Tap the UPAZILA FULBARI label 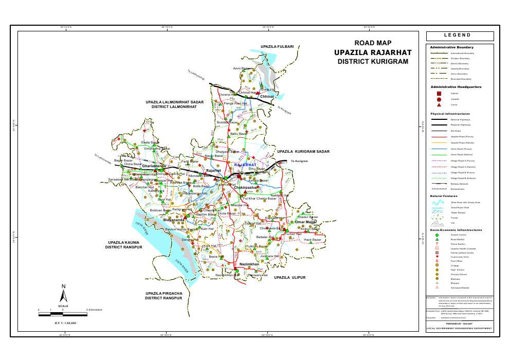(277, 47)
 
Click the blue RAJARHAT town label (245, 165)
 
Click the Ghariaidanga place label (154, 166)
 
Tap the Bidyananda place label (174, 220)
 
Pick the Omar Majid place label (305, 222)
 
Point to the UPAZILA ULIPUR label (289, 277)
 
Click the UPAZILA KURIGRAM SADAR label (303, 152)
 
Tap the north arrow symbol (63, 294)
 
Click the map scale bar (63, 314)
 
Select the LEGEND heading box (460, 35)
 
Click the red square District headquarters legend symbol (439, 94)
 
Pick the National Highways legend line (439, 119)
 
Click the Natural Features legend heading (444, 196)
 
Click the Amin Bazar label (241, 68)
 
